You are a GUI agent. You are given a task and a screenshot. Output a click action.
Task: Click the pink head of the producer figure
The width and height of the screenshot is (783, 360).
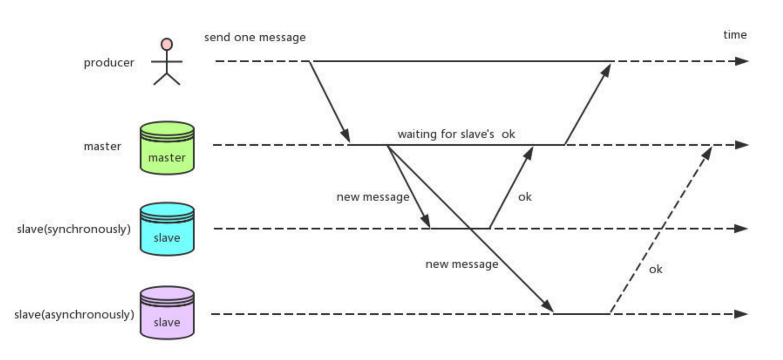tap(167, 44)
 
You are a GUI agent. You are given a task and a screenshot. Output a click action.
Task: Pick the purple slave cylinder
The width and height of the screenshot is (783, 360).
tap(167, 313)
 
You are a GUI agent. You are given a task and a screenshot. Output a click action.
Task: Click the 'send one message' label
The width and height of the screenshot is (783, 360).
tap(255, 37)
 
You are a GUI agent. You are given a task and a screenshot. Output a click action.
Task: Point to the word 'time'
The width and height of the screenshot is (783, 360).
tap(735, 35)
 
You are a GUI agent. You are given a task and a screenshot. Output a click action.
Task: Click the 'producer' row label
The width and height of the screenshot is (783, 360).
tap(109, 63)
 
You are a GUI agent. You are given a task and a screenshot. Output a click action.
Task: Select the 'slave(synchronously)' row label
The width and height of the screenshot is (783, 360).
tap(74, 229)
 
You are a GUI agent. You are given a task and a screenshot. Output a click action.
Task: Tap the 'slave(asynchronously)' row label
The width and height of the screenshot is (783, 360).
tap(74, 314)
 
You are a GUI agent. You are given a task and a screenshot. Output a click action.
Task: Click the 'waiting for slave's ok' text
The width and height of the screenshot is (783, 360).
tap(456, 134)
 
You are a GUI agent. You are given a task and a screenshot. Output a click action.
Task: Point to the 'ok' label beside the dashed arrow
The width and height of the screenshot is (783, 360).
tap(655, 269)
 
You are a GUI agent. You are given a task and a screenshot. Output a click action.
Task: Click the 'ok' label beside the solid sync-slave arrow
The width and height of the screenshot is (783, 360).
tap(525, 197)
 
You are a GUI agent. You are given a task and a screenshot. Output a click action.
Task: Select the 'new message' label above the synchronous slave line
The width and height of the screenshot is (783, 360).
tap(373, 197)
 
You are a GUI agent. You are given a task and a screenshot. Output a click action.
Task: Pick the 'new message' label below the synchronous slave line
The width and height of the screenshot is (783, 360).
tap(462, 264)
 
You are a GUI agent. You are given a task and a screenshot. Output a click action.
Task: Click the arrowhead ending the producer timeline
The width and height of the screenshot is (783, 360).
tap(741, 61)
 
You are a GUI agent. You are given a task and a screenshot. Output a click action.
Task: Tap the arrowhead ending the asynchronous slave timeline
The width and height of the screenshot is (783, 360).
tap(740, 314)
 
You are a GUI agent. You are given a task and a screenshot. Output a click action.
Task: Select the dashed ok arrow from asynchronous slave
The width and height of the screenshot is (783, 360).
tap(661, 229)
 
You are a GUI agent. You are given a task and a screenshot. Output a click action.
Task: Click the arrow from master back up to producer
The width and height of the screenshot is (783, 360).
tap(587, 104)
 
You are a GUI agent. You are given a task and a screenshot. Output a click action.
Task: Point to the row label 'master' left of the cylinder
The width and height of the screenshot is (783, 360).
tap(103, 146)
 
